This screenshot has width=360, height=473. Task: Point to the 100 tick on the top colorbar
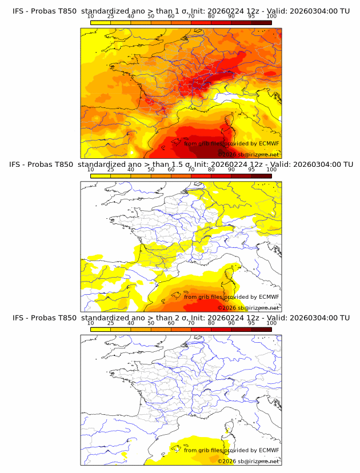click(271, 17)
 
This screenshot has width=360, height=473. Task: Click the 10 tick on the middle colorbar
click(90, 170)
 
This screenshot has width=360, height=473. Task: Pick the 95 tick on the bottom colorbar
click(251, 323)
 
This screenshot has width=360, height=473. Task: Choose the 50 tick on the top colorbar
click(151, 17)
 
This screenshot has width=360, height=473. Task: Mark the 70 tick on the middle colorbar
click(191, 170)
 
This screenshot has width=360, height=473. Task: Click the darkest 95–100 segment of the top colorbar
click(261, 22)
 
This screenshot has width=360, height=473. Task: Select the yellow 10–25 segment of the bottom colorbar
click(101, 329)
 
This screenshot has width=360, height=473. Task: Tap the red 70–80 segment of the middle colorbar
click(201, 176)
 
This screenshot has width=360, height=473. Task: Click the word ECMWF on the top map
click(269, 143)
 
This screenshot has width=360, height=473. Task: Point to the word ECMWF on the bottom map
click(269, 450)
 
